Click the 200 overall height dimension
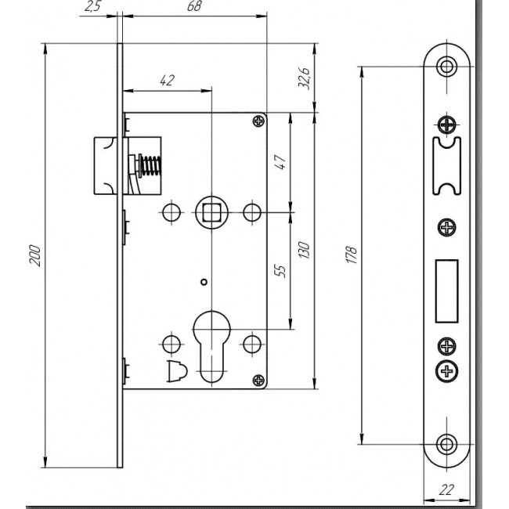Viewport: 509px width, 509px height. [x=35, y=256]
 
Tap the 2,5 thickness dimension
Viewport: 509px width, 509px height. [x=93, y=5]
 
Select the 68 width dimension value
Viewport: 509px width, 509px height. [x=194, y=5]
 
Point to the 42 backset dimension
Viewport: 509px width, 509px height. [x=168, y=80]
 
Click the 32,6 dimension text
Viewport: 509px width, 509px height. [x=304, y=78]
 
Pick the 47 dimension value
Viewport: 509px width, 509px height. [x=280, y=161]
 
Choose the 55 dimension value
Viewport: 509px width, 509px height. [x=280, y=270]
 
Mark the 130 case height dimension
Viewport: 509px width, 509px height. [x=304, y=250]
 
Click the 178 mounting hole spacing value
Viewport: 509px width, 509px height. [x=352, y=254]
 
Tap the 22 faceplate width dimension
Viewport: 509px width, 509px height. [x=446, y=490]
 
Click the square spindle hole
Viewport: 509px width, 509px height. [x=211, y=212]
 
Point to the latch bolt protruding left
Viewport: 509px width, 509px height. [x=105, y=165]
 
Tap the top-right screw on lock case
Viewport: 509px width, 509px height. [x=258, y=121]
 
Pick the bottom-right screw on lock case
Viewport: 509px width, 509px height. [x=258, y=380]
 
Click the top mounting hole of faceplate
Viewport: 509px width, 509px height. [x=446, y=67]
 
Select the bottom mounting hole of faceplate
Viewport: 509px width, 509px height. [x=446, y=444]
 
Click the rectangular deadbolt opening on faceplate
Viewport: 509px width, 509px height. [x=446, y=291]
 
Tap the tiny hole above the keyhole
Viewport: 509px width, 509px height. [x=204, y=282]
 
